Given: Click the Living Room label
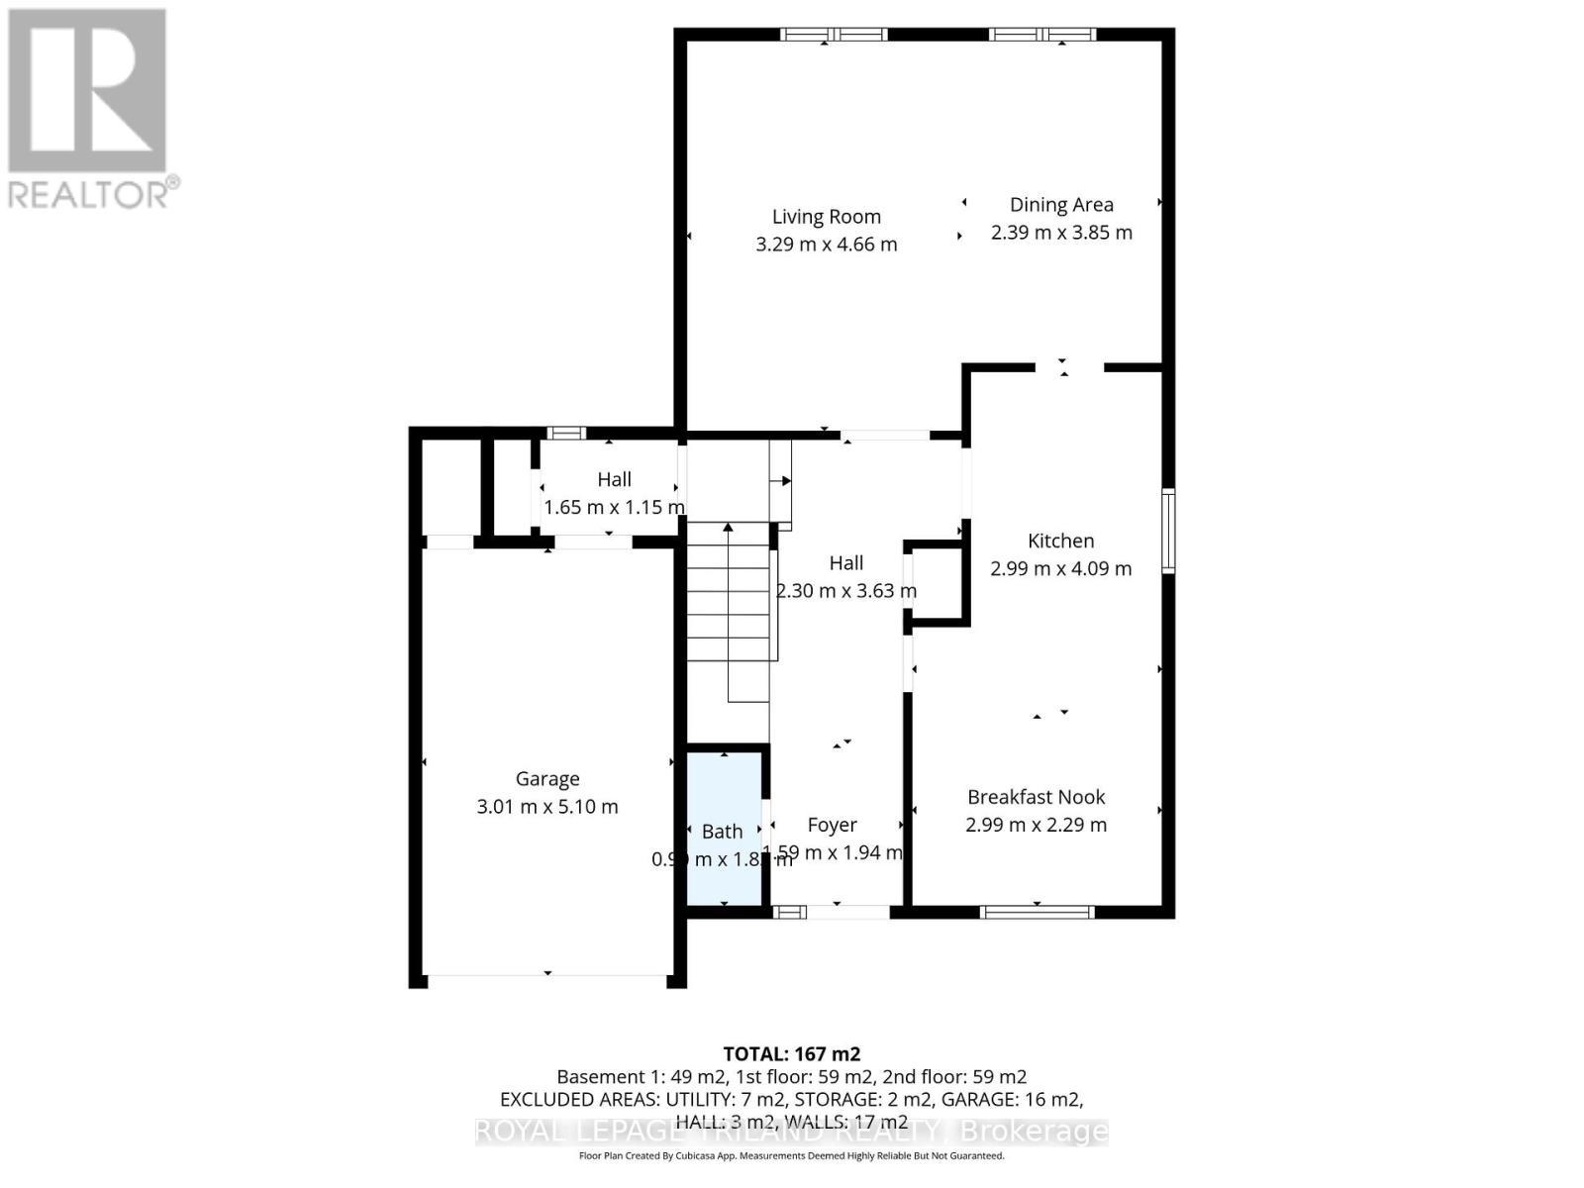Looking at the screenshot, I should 826,217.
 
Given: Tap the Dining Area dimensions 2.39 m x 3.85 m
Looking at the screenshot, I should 1061,233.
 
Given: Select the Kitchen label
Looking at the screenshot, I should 1060,541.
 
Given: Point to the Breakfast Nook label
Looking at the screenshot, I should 1036,797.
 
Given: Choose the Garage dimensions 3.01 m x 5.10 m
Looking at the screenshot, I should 547,807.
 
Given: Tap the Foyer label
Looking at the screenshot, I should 832,825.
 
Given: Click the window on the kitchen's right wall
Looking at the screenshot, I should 1168,531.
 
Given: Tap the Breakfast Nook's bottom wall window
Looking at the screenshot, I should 1037,912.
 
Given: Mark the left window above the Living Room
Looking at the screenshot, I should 834,35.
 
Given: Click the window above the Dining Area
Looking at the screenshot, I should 1042,35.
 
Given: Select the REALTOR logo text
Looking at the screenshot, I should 94,192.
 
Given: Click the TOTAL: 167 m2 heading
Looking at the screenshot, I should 791,1054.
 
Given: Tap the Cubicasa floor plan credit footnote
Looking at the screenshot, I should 791,1155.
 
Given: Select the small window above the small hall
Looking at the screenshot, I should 566,433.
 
